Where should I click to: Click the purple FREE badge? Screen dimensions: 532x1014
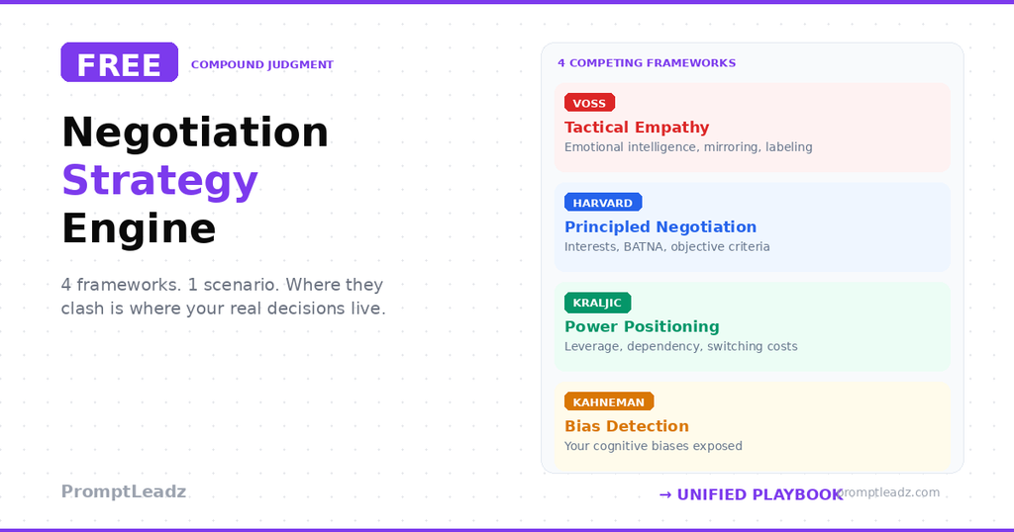pos(119,62)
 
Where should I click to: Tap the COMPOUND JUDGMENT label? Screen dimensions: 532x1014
pos(261,65)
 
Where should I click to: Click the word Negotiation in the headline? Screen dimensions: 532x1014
pos(195,132)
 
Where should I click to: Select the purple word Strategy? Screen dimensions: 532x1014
pos(159,180)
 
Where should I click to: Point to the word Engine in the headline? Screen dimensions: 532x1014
pos(139,228)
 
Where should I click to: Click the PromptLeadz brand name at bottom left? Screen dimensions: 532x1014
pos(124,491)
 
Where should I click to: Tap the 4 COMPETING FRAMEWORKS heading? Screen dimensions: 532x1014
pos(647,63)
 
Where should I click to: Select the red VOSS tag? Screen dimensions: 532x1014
pos(589,103)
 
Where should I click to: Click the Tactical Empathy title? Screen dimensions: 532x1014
pos(637,127)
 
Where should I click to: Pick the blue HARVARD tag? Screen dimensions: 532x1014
pos(602,203)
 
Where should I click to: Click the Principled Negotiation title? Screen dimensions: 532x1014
pos(660,226)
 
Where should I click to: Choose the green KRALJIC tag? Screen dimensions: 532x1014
pos(597,303)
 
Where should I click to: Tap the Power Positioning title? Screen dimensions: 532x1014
pos(642,326)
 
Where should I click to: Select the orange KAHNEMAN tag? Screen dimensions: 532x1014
pos(608,402)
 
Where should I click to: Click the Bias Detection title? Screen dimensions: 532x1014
pos(627,426)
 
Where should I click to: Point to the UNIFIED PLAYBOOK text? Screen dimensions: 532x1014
pos(760,494)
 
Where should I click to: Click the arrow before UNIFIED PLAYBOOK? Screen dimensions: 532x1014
pos(665,494)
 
